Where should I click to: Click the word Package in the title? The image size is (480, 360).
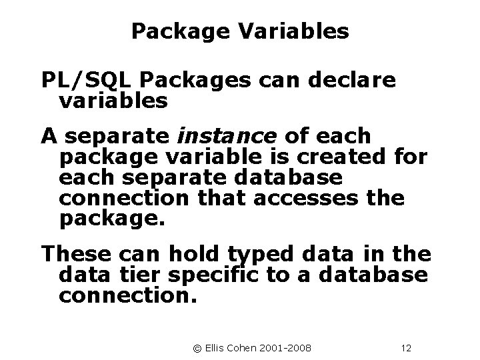pos(175,31)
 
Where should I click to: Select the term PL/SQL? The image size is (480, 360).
pos(87,81)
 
